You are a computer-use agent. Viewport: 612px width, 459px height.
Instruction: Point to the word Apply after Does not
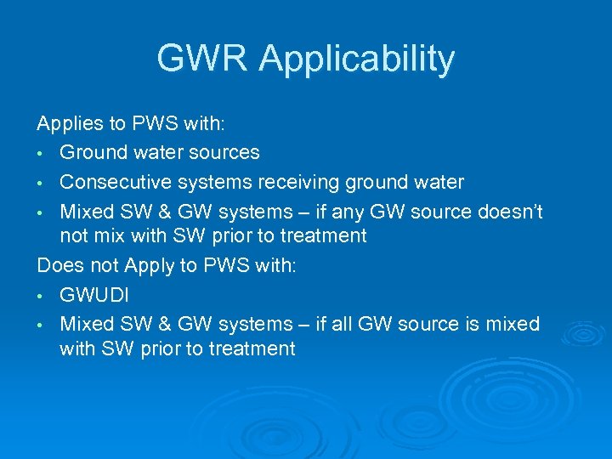(x=149, y=267)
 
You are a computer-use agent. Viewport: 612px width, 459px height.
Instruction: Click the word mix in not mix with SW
(x=109, y=235)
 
